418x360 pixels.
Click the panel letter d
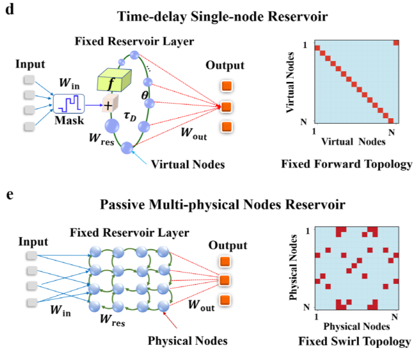(8, 11)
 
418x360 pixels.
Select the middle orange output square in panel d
(226, 107)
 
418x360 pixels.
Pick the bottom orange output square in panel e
(226, 300)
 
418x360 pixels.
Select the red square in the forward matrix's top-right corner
(396, 42)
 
